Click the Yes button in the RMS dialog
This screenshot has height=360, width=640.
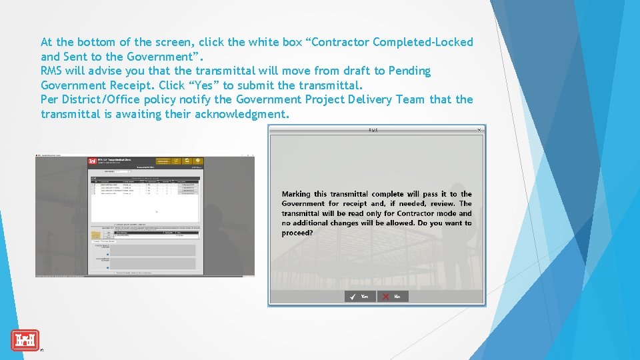360,296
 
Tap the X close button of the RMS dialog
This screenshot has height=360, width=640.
479,130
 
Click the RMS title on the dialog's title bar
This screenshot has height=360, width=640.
373,130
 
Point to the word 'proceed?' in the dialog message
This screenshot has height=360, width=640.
297,233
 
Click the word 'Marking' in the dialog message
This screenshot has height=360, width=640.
296,194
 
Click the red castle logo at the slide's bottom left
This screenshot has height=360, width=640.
25,340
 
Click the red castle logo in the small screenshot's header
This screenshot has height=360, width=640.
92,161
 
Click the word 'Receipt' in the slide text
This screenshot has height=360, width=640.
130,85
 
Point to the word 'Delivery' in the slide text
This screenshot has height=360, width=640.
369,99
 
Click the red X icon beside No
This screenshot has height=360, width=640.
385,296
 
